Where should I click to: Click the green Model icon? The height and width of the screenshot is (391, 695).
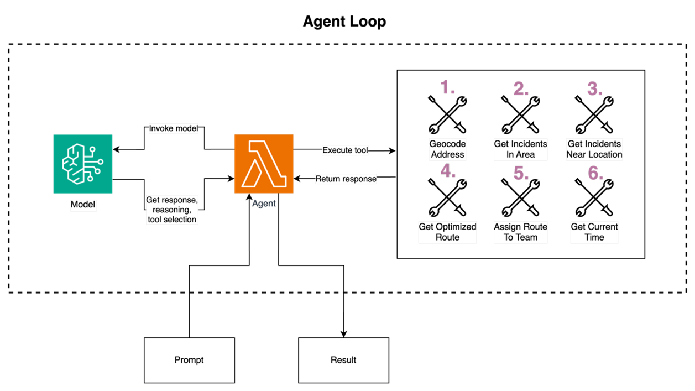point(83,164)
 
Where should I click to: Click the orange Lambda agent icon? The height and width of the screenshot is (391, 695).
point(264,164)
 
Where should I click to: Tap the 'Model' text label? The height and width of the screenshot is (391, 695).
point(83,205)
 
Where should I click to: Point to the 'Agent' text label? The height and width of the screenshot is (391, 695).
point(264,204)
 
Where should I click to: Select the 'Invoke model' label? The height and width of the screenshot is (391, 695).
point(173,128)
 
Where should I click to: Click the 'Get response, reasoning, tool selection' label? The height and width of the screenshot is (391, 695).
point(172,210)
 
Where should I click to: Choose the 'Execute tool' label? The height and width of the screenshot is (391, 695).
point(345,150)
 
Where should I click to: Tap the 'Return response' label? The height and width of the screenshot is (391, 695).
point(346,179)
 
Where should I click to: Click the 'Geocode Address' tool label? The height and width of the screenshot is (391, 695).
point(448,149)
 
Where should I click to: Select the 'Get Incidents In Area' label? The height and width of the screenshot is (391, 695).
point(521,149)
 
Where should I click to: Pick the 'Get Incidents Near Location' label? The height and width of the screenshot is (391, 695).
point(594,149)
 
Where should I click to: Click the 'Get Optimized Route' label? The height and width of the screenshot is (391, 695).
point(447,232)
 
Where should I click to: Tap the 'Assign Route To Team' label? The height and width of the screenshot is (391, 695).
point(520,232)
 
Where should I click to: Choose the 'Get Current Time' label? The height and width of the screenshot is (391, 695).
point(594,232)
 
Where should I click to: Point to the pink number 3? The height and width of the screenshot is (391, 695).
point(595,88)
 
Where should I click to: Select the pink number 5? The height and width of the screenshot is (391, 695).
point(521,174)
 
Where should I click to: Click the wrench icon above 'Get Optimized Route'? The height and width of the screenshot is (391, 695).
point(448,198)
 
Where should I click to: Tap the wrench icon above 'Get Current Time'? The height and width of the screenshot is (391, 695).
point(595,198)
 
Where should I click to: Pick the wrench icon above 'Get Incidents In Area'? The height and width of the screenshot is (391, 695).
point(521,115)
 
